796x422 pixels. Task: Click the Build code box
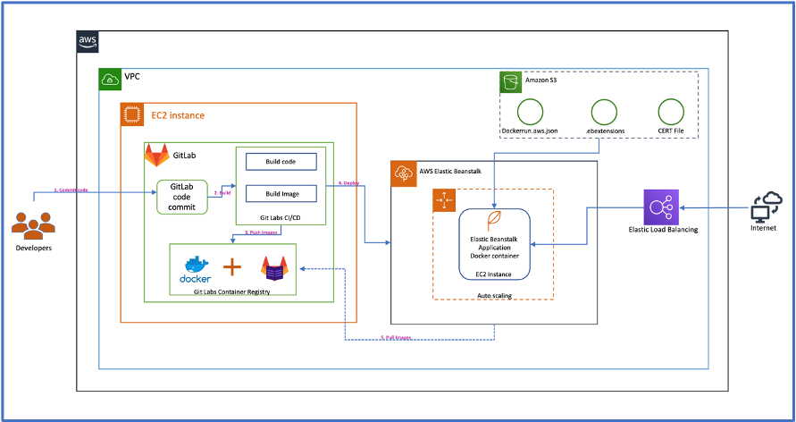pyautogui.click(x=280, y=162)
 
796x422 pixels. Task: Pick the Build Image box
pyautogui.click(x=280, y=193)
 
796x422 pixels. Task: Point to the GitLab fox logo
pyautogui.click(x=157, y=156)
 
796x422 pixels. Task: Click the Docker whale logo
pyautogui.click(x=195, y=267)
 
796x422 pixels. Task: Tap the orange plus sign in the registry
pyautogui.click(x=232, y=266)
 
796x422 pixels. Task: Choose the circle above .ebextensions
pyautogui.click(x=600, y=112)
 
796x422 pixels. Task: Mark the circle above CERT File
pyautogui.click(x=670, y=112)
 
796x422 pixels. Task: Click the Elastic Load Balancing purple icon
pyautogui.click(x=660, y=207)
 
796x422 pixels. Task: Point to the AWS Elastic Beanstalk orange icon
pyautogui.click(x=402, y=172)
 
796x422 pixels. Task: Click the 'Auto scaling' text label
pyautogui.click(x=494, y=292)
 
